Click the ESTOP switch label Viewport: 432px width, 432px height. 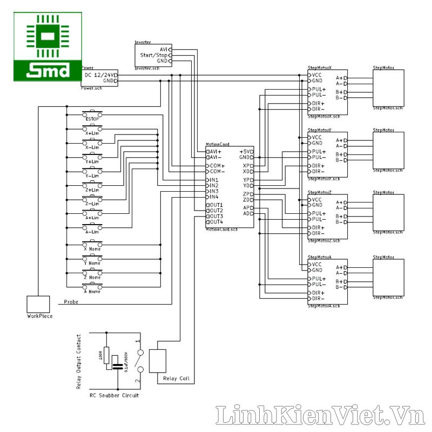pyautogui.click(x=92, y=119)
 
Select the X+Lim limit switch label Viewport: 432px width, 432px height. pyautogui.click(x=92, y=133)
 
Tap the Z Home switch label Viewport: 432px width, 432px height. pyautogui.click(x=92, y=277)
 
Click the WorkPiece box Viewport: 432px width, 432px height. pyautogui.click(x=39, y=303)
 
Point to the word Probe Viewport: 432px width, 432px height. pyautogui.click(x=71, y=302)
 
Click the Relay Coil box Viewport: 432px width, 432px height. pyautogui.click(x=158, y=361)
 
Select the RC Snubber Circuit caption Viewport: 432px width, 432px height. pyautogui.click(x=114, y=396)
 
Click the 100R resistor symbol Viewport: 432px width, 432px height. pyautogui.click(x=106, y=357)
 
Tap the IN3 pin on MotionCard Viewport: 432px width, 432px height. pyautogui.click(x=213, y=191)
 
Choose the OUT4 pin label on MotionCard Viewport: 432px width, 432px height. pyautogui.click(x=215, y=222)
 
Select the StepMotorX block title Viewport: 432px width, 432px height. pyautogui.click(x=320, y=68)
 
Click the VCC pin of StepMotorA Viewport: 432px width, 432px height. pyautogui.click(x=316, y=264)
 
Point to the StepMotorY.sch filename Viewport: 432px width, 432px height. pyautogui.click(x=323, y=179)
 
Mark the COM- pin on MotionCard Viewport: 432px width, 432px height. pyautogui.click(x=217, y=171)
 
